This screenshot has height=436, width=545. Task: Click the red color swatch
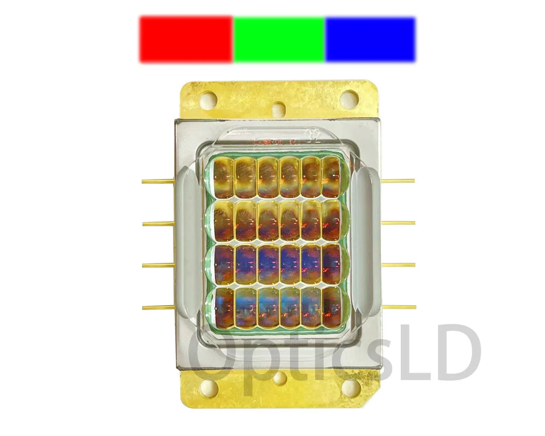pos(186,39)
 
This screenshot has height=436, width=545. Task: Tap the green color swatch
pos(279,39)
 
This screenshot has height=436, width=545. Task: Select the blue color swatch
pos(370,39)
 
